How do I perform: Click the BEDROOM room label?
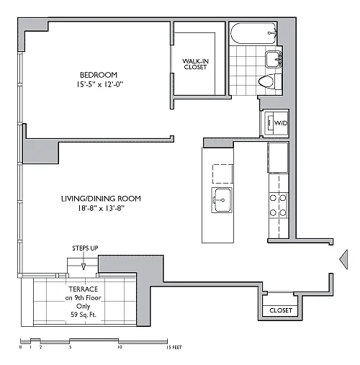coord(99,75)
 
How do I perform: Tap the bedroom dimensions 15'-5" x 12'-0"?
coord(99,84)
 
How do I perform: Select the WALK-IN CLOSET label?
coord(195,64)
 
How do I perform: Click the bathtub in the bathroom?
coord(253,33)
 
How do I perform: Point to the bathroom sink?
coord(274,59)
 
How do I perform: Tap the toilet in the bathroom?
coord(270,81)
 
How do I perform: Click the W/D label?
coord(281,123)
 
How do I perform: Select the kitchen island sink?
coord(222,200)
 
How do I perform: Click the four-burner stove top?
coord(278,205)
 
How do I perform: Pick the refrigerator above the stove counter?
coord(278,158)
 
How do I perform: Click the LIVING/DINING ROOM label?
coord(101,199)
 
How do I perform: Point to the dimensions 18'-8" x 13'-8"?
coord(101,208)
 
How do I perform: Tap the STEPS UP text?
coord(85,248)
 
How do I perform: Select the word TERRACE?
coord(84,289)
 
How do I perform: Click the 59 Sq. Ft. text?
coord(84,315)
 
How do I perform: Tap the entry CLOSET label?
coord(281,310)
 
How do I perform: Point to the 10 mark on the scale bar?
coord(120,347)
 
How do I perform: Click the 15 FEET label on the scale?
coord(174,347)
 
